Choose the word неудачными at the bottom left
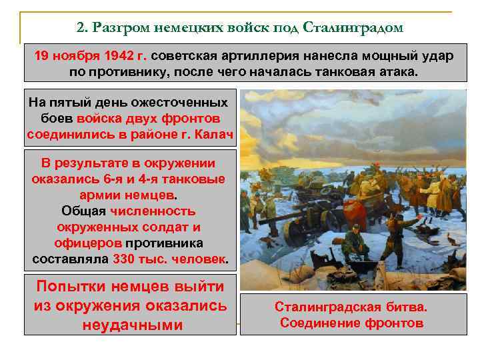click(131, 325)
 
